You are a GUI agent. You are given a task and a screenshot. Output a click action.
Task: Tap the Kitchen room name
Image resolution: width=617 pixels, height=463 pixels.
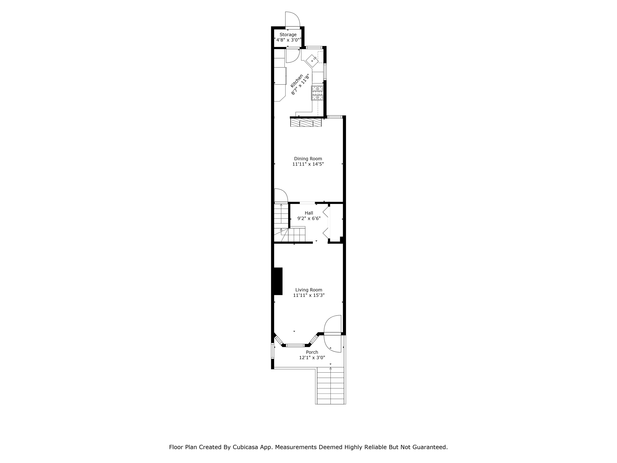(296, 81)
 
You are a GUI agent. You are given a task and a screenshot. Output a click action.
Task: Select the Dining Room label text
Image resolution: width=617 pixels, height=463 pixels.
(308, 159)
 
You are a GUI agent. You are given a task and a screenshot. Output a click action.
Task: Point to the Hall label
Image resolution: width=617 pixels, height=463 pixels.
(309, 213)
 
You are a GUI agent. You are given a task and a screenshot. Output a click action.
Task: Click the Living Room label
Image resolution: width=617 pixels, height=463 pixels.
(309, 290)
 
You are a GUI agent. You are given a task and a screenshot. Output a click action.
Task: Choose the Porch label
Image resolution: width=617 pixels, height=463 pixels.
(312, 352)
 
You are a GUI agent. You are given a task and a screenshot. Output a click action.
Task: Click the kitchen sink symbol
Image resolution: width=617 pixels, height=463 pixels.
(312, 60)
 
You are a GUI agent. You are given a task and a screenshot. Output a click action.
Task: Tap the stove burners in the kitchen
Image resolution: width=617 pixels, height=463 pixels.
(317, 93)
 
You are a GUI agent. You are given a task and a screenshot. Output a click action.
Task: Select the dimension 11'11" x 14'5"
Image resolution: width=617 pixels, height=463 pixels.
(308, 164)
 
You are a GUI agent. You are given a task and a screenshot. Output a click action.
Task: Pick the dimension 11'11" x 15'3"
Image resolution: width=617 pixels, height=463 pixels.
(309, 295)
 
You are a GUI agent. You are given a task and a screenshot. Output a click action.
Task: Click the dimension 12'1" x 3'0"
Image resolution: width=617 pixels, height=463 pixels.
(312, 357)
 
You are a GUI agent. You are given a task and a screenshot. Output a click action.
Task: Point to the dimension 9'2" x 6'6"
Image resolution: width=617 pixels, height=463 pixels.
(309, 218)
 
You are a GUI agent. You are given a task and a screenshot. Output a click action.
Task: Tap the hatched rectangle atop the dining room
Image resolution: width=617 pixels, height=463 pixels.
(306, 122)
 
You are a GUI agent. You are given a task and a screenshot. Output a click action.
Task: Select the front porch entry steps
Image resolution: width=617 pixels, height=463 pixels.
(331, 386)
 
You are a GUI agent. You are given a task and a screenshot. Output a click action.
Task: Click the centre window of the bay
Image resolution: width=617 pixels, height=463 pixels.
(295, 345)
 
